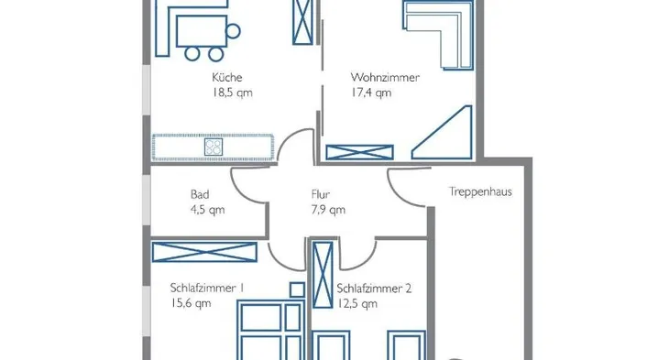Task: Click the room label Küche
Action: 227,77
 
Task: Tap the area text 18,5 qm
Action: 233,93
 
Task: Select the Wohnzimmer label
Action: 385,77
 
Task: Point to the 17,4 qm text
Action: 371,93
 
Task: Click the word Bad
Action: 200,194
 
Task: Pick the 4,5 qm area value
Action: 208,210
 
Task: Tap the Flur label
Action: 321,194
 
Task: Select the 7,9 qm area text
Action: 328,210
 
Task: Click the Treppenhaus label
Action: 480,191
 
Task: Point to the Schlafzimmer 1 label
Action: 207,288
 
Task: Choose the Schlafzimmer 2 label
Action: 374,289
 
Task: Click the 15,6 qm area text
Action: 191,303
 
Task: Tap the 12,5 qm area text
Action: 357,303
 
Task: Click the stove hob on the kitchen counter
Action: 214,147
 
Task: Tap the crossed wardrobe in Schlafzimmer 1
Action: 204,252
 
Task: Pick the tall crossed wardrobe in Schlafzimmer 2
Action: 323,275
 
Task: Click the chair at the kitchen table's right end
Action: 233,31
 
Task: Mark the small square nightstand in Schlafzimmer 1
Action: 297,289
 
